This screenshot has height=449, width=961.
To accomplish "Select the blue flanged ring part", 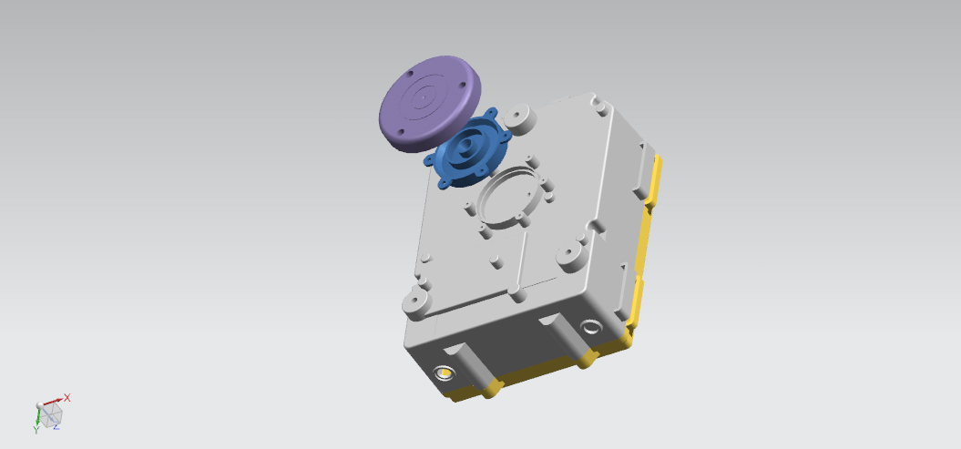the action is click(x=467, y=149).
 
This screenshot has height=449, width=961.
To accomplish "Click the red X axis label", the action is click(x=66, y=398).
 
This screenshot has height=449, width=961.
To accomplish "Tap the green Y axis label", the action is click(x=36, y=431).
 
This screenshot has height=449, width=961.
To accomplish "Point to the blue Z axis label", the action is click(x=56, y=427).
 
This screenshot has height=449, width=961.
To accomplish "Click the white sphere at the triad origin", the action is click(x=40, y=405).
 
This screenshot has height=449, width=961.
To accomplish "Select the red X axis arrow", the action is click(x=53, y=402).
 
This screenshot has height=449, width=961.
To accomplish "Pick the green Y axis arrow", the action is click(x=38, y=416).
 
